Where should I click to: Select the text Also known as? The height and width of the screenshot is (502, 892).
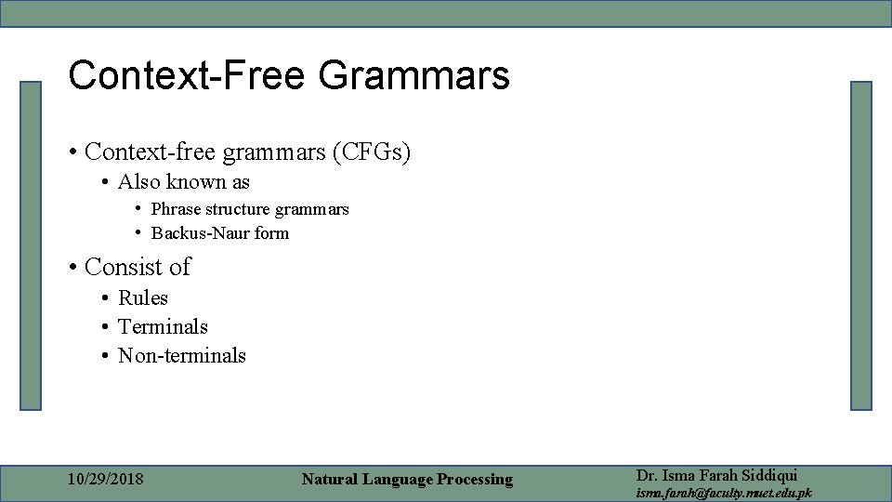(x=184, y=182)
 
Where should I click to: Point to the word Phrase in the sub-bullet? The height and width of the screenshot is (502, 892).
(x=176, y=209)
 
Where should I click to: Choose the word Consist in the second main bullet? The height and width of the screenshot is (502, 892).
(x=124, y=267)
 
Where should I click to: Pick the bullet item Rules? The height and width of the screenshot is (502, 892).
(x=143, y=298)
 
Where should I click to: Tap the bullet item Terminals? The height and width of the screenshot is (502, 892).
(x=163, y=327)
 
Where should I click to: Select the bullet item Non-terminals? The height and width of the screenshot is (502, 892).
(x=182, y=356)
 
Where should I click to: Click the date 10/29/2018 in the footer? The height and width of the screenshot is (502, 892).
(x=106, y=480)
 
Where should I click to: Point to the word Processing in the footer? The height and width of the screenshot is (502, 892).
(x=472, y=480)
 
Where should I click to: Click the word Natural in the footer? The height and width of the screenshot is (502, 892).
(x=331, y=480)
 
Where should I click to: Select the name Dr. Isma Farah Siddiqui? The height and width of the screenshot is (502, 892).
(x=716, y=475)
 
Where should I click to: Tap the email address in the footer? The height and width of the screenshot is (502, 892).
(x=723, y=493)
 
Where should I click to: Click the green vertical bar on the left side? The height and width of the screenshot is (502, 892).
(x=32, y=245)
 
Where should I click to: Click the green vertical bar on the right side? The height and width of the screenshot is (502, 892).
(x=861, y=245)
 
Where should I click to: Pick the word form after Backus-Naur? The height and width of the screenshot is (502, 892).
(x=271, y=233)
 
